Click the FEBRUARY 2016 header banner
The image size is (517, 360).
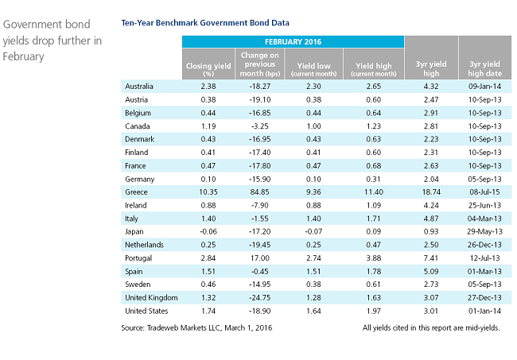pyautogui.click(x=293, y=42)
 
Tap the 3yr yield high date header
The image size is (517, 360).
pyautogui.click(x=484, y=68)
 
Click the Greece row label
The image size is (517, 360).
pyautogui.click(x=136, y=192)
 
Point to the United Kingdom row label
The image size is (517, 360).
pyautogui.click(x=151, y=298)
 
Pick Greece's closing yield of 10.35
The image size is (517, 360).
pyautogui.click(x=208, y=192)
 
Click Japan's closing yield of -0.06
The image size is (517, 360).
pyautogui.click(x=208, y=231)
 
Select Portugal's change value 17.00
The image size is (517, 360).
pyautogui.click(x=260, y=258)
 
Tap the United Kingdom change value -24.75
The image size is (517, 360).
pyautogui.click(x=260, y=298)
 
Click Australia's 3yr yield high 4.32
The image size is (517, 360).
pyautogui.click(x=431, y=87)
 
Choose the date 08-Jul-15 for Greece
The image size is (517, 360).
pyautogui.click(x=484, y=192)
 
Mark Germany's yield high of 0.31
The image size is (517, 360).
pyautogui.click(x=373, y=179)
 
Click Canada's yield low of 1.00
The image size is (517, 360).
pyautogui.click(x=313, y=126)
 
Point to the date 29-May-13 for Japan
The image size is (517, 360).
pyautogui.click(x=484, y=231)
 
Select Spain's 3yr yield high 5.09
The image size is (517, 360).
pyautogui.click(x=431, y=272)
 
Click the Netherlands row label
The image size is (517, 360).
pyautogui.click(x=145, y=245)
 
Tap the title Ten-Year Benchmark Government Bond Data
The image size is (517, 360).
pyautogui.click(x=205, y=23)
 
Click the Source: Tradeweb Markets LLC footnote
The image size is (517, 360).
pyautogui.click(x=196, y=327)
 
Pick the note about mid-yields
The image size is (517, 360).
pyautogui.click(x=431, y=327)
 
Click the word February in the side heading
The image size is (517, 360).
pyautogui.click(x=23, y=56)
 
